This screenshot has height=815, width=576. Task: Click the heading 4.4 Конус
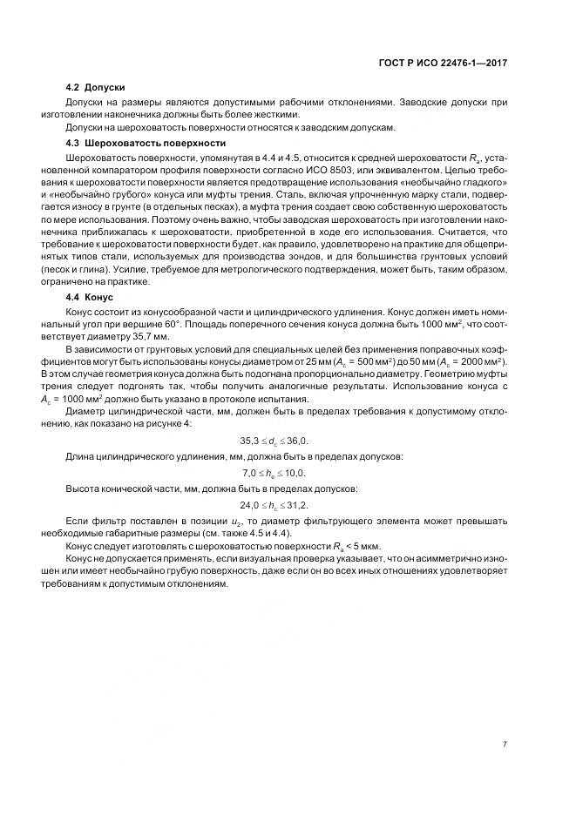coord(91,298)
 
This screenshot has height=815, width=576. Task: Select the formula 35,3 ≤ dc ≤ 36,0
coord(273,441)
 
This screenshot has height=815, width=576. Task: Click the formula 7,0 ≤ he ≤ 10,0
coord(273,473)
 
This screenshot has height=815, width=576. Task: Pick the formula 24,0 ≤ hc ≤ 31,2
coord(273,504)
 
